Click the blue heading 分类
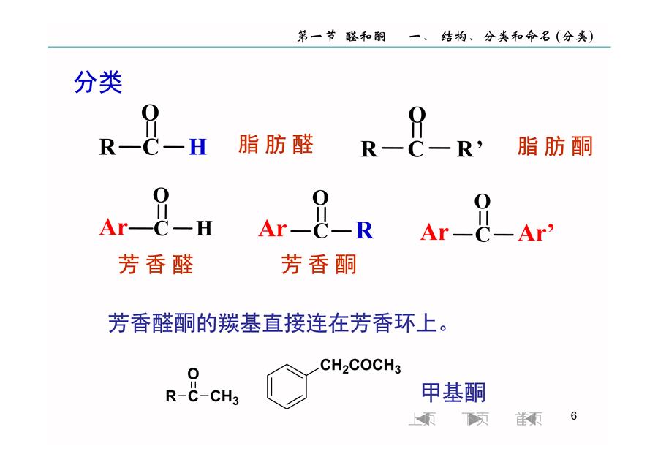tap(98, 82)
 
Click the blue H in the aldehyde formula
tap(197, 147)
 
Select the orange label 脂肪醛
tap(276, 144)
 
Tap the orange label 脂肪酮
tap(555, 146)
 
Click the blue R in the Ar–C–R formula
tap(364, 230)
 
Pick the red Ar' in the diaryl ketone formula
tap(536, 232)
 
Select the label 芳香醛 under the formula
tap(156, 265)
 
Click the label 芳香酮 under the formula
tap(319, 265)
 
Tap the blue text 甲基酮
tap(453, 393)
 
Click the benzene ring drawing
tap(287, 386)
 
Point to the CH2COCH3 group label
tap(360, 366)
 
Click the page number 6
tap(574, 416)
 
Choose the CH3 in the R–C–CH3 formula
tap(224, 396)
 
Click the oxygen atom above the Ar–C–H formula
tap(161, 195)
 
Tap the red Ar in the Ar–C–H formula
tap(113, 227)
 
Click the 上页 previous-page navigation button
tap(422, 419)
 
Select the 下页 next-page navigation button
tap(475, 419)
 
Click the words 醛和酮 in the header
tap(366, 37)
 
